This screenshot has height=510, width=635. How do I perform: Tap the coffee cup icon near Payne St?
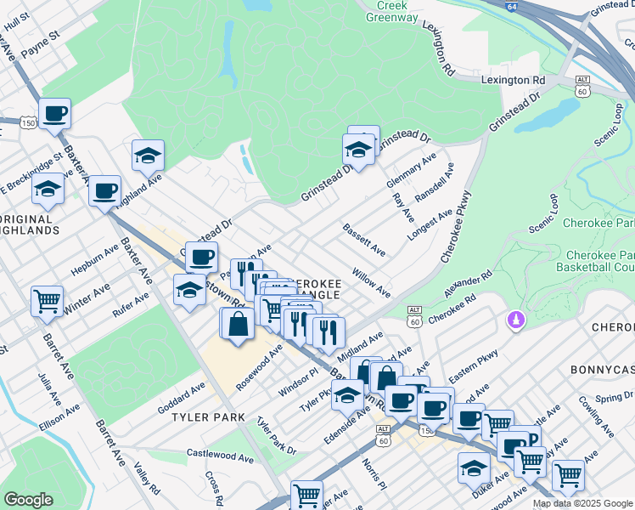coord(54,113)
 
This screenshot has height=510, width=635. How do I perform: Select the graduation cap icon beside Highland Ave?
coord(147,156)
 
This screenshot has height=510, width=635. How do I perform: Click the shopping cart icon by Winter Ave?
coord(47,300)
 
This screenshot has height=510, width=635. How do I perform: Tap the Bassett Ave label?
coord(364,241)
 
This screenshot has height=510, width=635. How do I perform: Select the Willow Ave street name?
coord(371,284)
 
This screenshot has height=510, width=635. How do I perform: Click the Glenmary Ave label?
coord(410,173)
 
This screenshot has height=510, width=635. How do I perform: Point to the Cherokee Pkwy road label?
coord(454,229)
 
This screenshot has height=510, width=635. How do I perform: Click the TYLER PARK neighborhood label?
coord(208,417)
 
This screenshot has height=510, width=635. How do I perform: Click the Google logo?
coord(28,500)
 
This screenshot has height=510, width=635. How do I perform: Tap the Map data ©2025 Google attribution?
coord(582,503)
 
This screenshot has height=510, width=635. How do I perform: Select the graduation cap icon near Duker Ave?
coord(474,468)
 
